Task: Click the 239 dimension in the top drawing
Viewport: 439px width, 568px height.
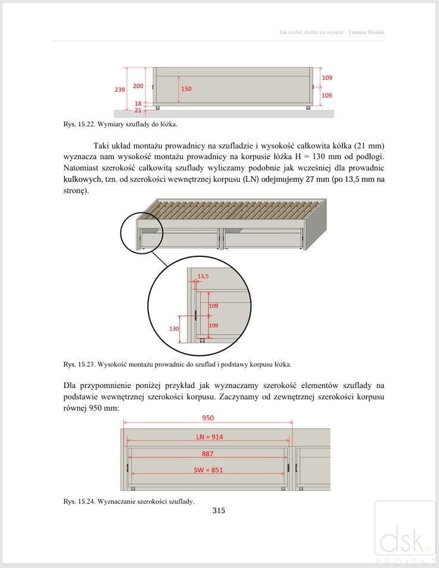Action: click(120, 89)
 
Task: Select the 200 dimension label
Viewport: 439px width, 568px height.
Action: click(138, 86)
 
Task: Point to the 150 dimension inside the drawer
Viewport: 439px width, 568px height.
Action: click(186, 89)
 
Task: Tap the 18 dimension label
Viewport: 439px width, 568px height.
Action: click(138, 103)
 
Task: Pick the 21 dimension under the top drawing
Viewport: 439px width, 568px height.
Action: click(138, 110)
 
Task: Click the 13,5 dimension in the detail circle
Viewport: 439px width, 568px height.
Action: click(203, 276)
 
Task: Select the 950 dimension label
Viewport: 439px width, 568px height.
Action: click(207, 418)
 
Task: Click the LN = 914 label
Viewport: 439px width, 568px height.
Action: click(210, 437)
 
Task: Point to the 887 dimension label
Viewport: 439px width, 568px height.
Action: click(207, 454)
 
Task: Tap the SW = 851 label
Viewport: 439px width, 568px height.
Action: click(208, 470)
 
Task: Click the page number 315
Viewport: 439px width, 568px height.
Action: click(219, 510)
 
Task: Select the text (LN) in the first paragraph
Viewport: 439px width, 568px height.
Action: click(247, 179)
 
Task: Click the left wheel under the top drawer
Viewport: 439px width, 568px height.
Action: click(158, 108)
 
